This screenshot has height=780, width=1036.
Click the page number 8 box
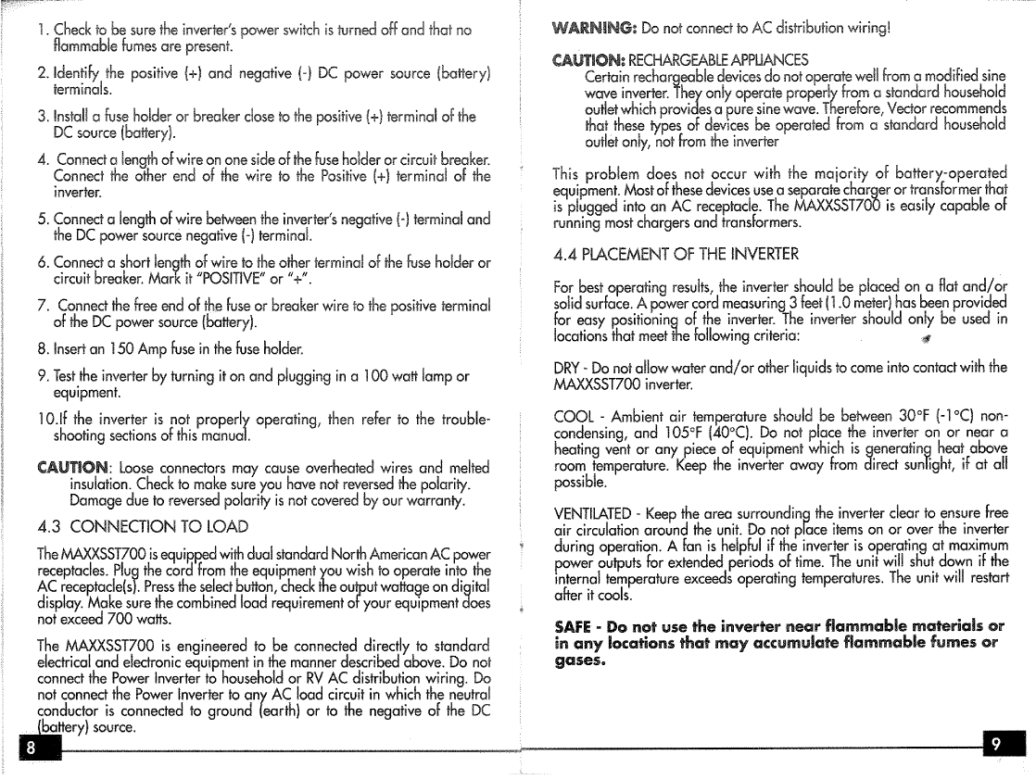pyautogui.click(x=32, y=746)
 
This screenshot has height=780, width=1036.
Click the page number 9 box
pyautogui.click(x=1006, y=744)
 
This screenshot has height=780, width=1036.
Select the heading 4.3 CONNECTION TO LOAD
pyautogui.click(x=143, y=526)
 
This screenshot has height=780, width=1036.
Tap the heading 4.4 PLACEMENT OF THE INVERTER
pyautogui.click(x=675, y=254)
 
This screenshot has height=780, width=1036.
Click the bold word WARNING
pyautogui.click(x=594, y=28)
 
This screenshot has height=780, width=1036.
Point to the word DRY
pyautogui.click(x=566, y=368)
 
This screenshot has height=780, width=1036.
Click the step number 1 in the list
pyautogui.click(x=42, y=30)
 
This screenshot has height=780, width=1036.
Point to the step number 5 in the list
pyautogui.click(x=42, y=220)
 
